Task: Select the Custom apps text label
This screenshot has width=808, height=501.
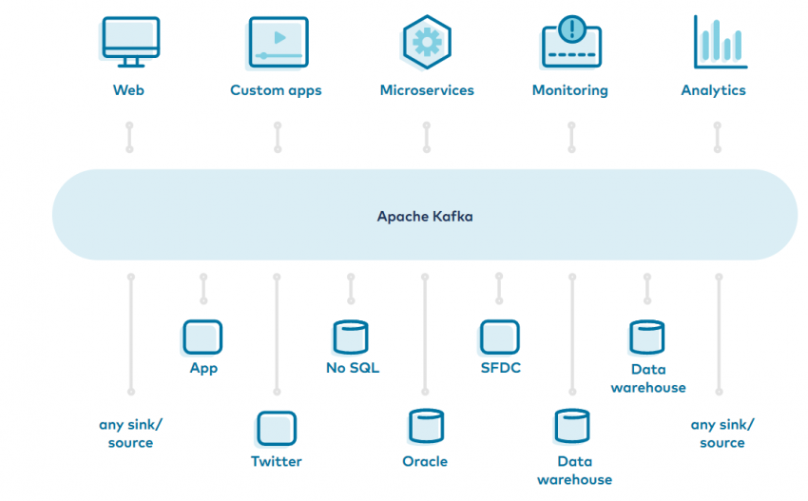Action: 276,91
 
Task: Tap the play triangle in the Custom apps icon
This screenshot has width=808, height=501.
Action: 279,37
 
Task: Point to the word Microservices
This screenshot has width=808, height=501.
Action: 427,91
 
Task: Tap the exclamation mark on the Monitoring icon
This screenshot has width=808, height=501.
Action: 571,29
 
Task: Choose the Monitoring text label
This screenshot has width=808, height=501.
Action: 569,91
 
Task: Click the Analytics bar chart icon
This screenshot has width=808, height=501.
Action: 719,43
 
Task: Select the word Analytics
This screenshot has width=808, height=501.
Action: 713,91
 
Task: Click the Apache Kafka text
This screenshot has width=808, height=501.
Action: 425,217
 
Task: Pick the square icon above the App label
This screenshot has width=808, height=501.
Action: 202,337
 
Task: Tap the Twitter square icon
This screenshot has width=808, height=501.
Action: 276,428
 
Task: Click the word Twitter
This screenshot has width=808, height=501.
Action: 276,462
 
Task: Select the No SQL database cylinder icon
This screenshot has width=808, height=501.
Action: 351,337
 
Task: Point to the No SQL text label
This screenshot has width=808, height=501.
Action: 352,368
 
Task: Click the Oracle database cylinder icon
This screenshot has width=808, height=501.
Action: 425,428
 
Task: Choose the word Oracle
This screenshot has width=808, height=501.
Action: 425,462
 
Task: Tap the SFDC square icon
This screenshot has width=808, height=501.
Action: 499,337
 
